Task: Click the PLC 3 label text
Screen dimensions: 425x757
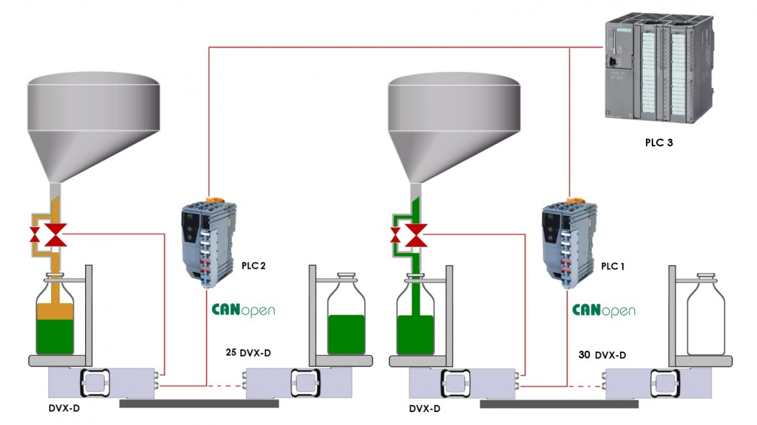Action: (658, 143)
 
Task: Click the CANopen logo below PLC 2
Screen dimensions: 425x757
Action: (243, 310)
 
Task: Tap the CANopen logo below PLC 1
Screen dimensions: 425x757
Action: (604, 310)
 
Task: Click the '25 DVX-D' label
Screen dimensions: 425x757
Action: (253, 353)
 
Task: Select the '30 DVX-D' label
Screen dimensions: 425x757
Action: (602, 354)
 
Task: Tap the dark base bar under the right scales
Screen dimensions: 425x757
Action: (559, 404)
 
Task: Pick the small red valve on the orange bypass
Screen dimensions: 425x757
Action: (33, 236)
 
